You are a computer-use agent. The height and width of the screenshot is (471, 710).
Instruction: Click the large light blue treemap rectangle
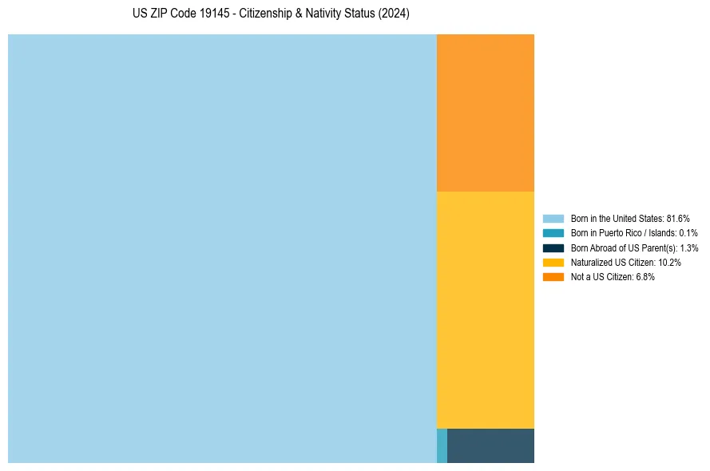[222, 248]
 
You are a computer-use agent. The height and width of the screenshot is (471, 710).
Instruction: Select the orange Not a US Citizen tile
[486, 113]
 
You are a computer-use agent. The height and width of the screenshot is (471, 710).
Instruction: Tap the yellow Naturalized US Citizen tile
[486, 310]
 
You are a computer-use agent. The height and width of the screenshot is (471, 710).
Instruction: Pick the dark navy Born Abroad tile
[490, 445]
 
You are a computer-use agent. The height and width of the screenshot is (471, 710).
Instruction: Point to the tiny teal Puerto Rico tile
[442, 445]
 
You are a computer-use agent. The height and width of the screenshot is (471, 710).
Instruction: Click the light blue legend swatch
[553, 218]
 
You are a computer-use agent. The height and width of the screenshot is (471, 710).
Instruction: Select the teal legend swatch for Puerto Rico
[553, 233]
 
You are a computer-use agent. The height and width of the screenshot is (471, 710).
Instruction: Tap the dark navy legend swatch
[553, 247]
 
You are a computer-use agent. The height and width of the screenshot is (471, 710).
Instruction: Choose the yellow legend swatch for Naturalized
[553, 262]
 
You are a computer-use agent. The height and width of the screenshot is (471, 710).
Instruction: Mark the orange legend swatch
[553, 276]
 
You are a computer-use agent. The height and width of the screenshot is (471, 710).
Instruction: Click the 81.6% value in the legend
[678, 218]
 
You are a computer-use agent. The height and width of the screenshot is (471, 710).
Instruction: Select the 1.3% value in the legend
[689, 248]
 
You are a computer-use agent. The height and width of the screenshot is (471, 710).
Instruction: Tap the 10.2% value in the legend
[669, 263]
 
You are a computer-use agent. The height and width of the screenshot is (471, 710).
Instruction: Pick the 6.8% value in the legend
[645, 277]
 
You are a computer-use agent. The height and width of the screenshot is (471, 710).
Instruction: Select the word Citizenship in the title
[267, 14]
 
